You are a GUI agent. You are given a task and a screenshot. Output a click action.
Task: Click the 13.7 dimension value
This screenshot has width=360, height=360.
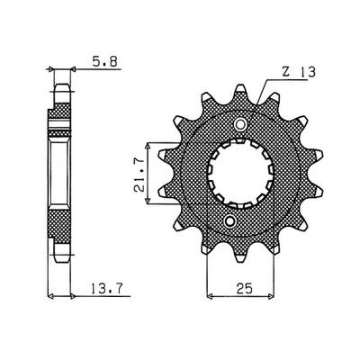click(107, 289)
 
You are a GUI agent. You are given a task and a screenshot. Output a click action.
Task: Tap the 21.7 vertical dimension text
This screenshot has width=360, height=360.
click(139, 175)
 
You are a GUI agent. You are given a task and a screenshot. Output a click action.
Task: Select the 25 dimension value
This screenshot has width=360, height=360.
click(245, 289)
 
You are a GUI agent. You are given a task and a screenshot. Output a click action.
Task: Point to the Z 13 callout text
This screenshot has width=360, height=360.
click(299, 72)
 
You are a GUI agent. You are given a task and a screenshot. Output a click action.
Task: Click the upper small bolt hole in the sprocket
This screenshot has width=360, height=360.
click(240, 124)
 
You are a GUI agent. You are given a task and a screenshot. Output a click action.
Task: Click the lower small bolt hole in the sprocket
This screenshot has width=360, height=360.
click(230, 221)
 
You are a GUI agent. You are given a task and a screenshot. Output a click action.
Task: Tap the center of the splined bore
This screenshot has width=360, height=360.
click(241, 174)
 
